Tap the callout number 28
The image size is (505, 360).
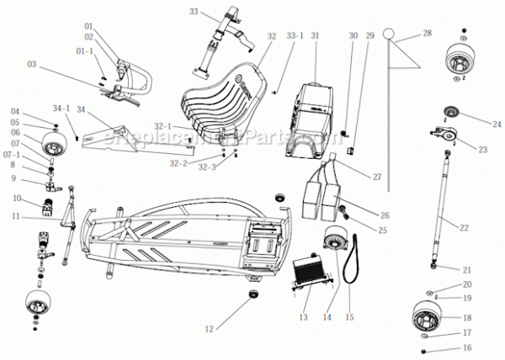[427, 33]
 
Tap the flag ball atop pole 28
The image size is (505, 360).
[389, 34]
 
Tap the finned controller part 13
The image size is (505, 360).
[306, 273]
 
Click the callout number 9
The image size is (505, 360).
[14, 178]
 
